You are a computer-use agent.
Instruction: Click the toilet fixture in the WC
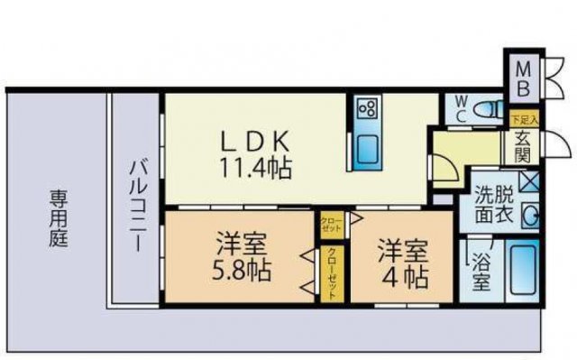coord(487,109)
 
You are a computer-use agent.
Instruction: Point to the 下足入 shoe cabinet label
coord(523,119)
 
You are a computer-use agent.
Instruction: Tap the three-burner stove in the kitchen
coord(368,110)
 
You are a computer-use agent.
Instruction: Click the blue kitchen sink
coord(366,150)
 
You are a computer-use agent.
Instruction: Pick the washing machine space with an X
coord(527,180)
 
